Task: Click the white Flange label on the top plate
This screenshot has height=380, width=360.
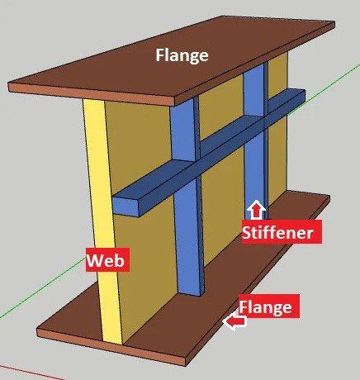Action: tap(182, 56)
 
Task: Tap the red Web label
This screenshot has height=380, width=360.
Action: tap(107, 259)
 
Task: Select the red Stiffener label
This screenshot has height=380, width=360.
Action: tap(281, 231)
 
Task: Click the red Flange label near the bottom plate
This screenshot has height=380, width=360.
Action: tap(269, 306)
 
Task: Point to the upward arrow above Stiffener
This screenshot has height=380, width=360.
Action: tap(256, 210)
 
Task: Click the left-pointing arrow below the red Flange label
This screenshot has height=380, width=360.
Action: tap(234, 321)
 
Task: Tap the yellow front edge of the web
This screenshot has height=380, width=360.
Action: tap(102, 221)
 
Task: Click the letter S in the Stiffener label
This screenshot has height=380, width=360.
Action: tap(247, 232)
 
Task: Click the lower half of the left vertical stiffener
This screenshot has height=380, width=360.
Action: tap(189, 237)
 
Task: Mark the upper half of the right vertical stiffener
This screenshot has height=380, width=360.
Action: tap(255, 91)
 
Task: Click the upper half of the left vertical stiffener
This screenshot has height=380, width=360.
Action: tap(184, 131)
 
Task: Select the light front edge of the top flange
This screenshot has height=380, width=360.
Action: tap(92, 93)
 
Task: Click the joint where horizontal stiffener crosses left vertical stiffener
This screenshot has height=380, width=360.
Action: tap(187, 170)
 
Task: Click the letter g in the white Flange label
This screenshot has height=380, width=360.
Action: tap(192, 58)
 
